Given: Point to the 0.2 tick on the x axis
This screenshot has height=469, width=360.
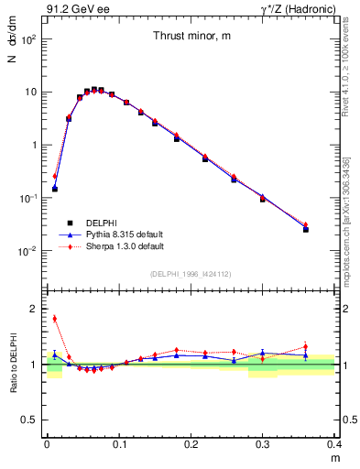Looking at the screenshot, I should pyautogui.click(x=191, y=442).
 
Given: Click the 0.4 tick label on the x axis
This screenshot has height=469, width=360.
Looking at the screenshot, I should pyautogui.click(x=334, y=442).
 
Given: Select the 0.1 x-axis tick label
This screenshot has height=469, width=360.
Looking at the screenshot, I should pyautogui.click(x=118, y=442).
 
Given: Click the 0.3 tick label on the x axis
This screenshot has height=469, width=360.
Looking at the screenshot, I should pyautogui.click(x=263, y=442).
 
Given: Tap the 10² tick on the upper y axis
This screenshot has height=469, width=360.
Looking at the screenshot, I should pyautogui.click(x=30, y=39).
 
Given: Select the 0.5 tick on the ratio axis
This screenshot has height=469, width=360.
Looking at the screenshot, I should pyautogui.click(x=32, y=420).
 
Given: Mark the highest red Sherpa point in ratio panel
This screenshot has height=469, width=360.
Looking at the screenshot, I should pyautogui.click(x=54, y=319).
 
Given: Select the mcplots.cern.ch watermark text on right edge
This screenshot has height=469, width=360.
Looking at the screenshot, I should pyautogui.click(x=352, y=220).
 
